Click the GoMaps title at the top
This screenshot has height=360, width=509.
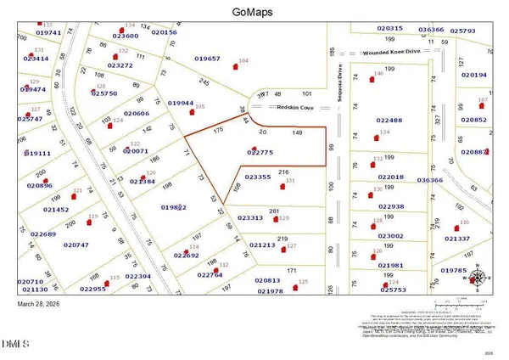click(254, 13)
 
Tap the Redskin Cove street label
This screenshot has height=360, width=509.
click(296, 108)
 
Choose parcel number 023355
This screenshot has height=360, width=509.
click(257, 177)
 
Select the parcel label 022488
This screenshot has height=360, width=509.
click(390, 121)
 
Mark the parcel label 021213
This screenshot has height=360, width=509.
click(262, 245)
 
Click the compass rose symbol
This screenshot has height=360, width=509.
click(478, 277)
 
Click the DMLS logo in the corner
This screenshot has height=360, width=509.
click(14, 344)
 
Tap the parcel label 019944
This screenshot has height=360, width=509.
click(181, 103)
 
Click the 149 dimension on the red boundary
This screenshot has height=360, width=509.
click(297, 133)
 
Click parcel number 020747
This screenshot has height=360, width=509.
click(76, 245)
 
